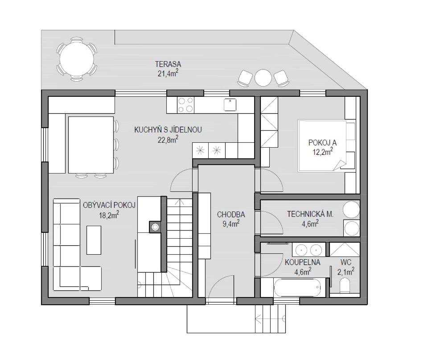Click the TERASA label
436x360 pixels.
click(168, 64)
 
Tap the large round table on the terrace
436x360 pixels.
click(77, 59)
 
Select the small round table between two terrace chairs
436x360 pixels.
click(263, 78)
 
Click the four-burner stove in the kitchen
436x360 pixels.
click(185, 105)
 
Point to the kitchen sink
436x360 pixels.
click(230, 105)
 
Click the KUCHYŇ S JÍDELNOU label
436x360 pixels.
click(168, 130)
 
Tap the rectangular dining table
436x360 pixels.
click(91, 145)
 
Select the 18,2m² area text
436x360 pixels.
click(109, 215)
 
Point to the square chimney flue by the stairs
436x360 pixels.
click(155, 227)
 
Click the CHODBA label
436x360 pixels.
click(231, 215)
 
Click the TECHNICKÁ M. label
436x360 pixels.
click(310, 214)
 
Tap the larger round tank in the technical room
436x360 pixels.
click(351, 210)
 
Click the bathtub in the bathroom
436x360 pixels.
click(297, 287)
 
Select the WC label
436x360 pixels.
click(346, 262)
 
